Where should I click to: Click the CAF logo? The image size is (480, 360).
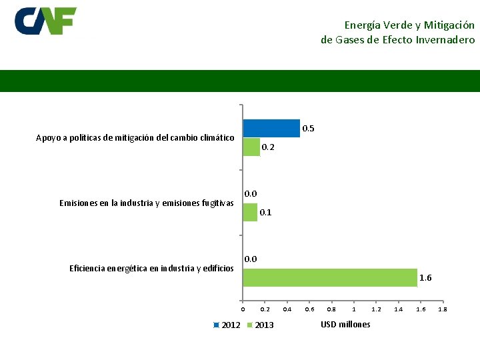[x=45, y=21]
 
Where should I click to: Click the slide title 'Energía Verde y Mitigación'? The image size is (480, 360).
[x=409, y=25]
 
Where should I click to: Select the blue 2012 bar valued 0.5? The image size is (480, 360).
[x=271, y=128]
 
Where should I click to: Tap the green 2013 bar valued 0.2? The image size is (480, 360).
[x=251, y=147]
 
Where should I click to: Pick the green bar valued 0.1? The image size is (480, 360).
[x=250, y=212]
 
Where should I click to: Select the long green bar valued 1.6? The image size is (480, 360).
[x=330, y=277]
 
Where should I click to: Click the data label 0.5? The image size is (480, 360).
[x=309, y=128]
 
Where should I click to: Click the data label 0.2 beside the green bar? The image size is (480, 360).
[x=267, y=147]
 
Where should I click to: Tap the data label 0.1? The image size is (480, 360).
[x=265, y=213]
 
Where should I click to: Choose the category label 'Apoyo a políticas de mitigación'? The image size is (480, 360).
[x=135, y=138]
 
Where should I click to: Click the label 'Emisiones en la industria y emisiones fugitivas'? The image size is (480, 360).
[x=146, y=203]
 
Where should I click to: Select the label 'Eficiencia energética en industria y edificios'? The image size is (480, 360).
[x=151, y=268]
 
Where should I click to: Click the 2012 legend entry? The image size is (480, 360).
[x=227, y=325]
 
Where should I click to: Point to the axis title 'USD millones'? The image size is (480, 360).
[x=345, y=324]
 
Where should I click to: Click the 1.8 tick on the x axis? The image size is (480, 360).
[x=443, y=309]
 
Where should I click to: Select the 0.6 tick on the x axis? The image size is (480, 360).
[x=309, y=309]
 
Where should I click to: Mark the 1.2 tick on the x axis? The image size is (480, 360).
[x=376, y=309]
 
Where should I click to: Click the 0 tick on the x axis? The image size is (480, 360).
[x=243, y=309]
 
